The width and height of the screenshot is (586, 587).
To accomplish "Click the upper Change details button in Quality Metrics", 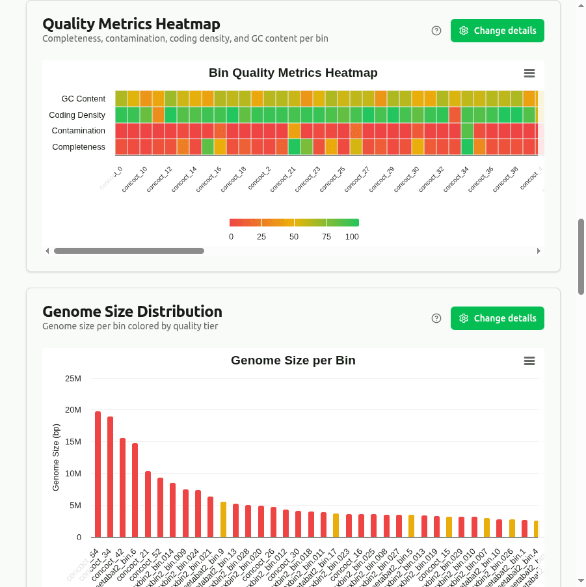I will pyautogui.click(x=498, y=31).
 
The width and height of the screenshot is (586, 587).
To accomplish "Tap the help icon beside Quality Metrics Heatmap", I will pyautogui.click(x=436, y=31).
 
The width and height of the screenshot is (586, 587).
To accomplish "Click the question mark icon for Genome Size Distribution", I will pyautogui.click(x=436, y=318).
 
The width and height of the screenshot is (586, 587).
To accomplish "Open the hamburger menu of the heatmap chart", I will pyautogui.click(x=529, y=74).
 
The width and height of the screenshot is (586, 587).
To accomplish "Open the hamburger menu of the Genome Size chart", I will pyautogui.click(x=529, y=361).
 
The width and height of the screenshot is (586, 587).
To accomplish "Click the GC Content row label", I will pyautogui.click(x=83, y=99).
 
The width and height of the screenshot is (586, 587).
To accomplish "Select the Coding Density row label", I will pyautogui.click(x=77, y=115).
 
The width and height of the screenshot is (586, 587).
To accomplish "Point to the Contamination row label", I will pyautogui.click(x=78, y=131).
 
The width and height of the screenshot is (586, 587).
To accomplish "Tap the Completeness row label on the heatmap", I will pyautogui.click(x=78, y=147).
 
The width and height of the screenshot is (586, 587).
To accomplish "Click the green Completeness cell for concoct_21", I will pyautogui.click(x=294, y=147).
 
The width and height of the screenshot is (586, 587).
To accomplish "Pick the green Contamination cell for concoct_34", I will pyautogui.click(x=467, y=131).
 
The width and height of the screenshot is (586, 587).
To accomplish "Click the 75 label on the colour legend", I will pyautogui.click(x=326, y=237).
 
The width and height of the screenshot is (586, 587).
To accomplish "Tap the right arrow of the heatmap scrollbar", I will pyautogui.click(x=539, y=251).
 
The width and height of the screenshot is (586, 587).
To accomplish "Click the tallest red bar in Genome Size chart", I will pyautogui.click(x=98, y=474).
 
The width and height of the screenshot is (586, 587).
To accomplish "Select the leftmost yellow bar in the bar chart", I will pyautogui.click(x=223, y=519).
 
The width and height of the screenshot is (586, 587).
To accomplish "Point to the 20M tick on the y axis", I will pyautogui.click(x=72, y=410).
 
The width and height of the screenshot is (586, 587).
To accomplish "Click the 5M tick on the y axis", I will pyautogui.click(x=74, y=506).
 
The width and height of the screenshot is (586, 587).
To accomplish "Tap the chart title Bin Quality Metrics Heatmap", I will pyautogui.click(x=293, y=73).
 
